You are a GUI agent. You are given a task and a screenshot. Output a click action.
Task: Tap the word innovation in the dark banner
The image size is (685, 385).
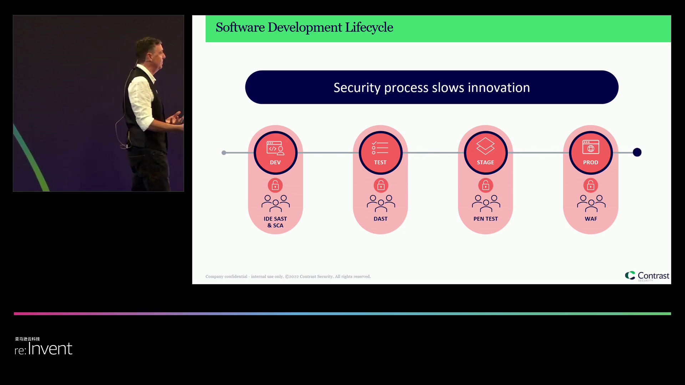(498, 88)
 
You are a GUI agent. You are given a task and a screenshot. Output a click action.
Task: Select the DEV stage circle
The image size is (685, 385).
(275, 153)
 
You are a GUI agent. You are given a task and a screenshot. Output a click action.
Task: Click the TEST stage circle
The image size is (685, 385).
(380, 153)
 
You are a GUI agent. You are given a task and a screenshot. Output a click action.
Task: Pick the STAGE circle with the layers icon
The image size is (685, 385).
(486, 153)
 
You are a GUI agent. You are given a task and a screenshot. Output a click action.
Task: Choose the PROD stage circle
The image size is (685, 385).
(590, 153)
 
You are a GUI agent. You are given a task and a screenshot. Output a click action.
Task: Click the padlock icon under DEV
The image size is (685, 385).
(275, 185)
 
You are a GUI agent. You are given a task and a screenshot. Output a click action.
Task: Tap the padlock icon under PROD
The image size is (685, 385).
(590, 185)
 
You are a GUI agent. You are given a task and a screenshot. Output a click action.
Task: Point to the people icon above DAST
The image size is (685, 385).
(381, 203)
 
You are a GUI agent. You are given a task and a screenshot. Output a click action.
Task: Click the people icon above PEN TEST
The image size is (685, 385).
(486, 203)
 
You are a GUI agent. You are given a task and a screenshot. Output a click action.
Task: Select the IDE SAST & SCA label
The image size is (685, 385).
(275, 222)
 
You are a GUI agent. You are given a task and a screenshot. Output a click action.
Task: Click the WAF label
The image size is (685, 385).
(591, 219)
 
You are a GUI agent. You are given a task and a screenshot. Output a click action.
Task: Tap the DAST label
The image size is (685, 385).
(380, 219)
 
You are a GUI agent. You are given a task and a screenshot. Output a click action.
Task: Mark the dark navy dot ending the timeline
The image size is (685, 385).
(637, 153)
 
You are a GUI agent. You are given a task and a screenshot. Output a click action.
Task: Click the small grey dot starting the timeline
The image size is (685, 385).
(224, 153)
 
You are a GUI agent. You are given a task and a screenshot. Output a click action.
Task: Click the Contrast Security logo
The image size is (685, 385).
(647, 276)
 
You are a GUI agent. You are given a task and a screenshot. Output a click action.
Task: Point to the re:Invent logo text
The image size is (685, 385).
(44, 348)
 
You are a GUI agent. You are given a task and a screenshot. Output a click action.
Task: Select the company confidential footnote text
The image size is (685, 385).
(288, 277)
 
